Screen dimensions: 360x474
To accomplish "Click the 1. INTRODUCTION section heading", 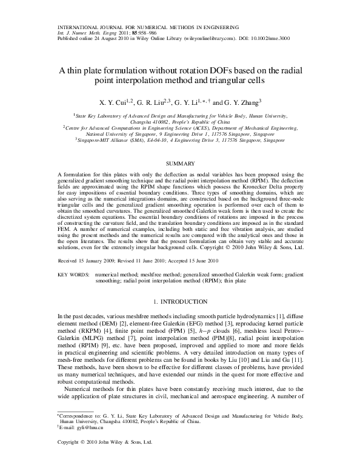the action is [179, 301].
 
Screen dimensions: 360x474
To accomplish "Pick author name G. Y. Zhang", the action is [242, 102].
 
